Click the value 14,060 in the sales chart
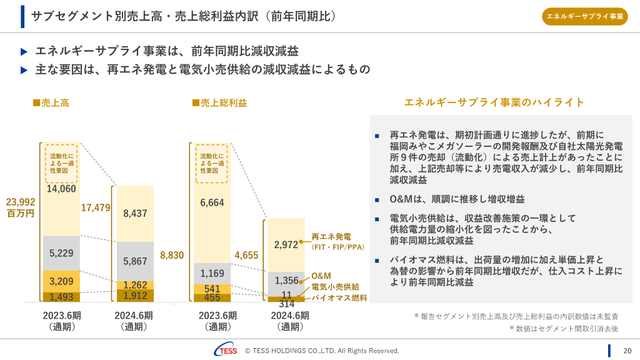click(x=61, y=189)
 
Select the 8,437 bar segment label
click(x=135, y=213)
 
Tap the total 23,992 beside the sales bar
click(x=21, y=202)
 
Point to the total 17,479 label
click(x=96, y=207)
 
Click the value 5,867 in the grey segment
click(x=135, y=261)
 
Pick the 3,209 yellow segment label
click(x=61, y=281)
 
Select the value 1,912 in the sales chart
click(x=135, y=296)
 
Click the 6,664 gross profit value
click(x=212, y=202)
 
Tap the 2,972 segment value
click(x=286, y=245)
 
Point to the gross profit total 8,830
click(x=172, y=255)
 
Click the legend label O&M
click(x=321, y=276)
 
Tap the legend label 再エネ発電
click(x=331, y=237)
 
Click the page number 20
click(x=627, y=351)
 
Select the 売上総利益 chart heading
click(x=219, y=103)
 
